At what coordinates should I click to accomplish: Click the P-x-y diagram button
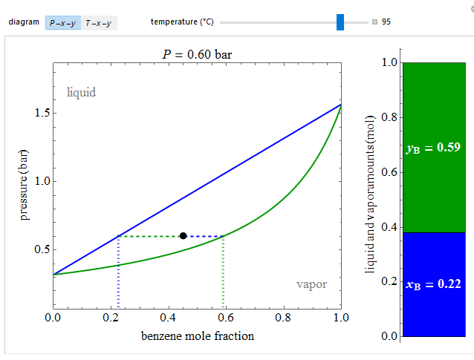coord(62,23)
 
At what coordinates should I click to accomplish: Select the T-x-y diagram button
coord(98,23)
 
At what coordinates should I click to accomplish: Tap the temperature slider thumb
coord(340,22)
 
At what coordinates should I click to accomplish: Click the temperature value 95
coord(386,22)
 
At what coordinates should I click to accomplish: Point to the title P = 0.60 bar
coord(198,53)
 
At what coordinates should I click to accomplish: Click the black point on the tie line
coord(183,236)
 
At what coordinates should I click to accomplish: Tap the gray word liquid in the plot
coord(82,93)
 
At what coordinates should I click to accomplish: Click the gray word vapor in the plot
coord(311,284)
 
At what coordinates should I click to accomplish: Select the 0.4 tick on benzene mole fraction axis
coord(168,317)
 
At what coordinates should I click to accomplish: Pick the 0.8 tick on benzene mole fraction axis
coord(283,317)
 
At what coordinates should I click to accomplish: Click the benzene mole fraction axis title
coord(198,336)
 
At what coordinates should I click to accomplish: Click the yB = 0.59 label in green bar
coord(434,148)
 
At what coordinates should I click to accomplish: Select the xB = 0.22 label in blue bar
coord(434,283)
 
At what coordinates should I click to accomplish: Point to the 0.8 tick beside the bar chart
coord(388,117)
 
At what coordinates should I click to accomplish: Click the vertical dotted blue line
coord(118,271)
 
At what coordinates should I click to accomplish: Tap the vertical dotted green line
coord(224,271)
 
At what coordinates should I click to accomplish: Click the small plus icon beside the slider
coord(375,22)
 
